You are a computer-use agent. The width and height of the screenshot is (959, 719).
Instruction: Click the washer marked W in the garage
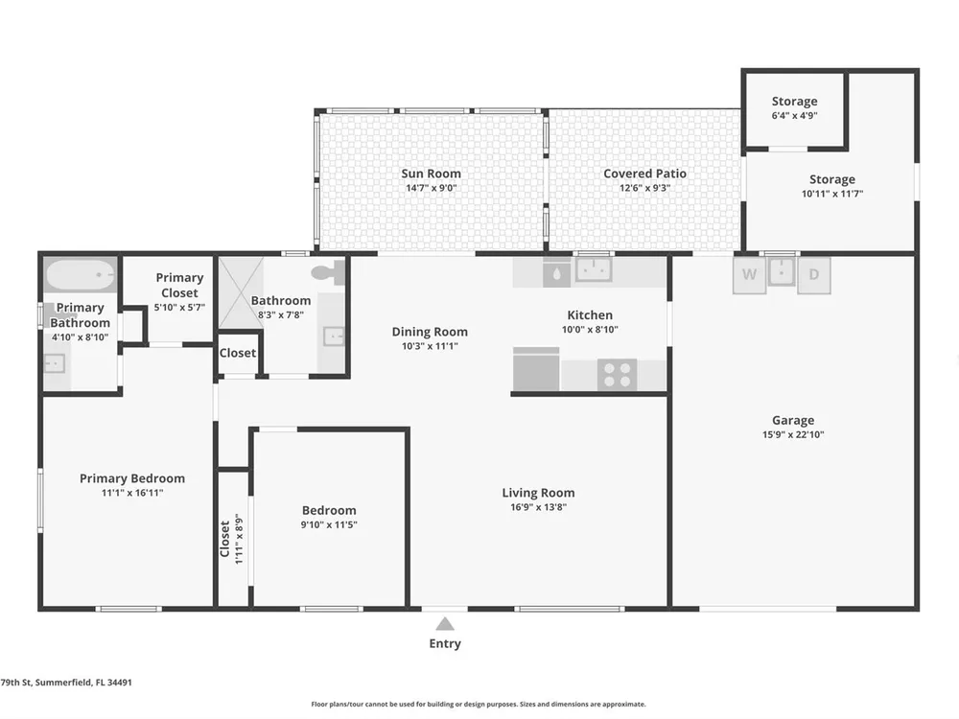749,274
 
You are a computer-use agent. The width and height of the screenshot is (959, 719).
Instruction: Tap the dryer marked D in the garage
814,274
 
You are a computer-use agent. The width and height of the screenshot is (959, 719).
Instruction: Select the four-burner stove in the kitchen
617,375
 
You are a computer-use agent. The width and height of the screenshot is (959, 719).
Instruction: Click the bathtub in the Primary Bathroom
81,276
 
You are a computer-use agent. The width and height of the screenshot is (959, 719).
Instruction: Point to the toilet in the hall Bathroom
329,272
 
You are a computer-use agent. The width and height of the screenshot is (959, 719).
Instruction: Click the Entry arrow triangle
445,624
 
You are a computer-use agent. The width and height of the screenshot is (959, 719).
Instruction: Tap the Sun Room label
432,174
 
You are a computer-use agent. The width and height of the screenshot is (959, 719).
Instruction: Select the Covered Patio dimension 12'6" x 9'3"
644,188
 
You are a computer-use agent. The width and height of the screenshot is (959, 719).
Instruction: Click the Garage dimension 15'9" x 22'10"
793,434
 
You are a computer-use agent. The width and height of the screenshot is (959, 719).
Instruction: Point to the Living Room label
538,493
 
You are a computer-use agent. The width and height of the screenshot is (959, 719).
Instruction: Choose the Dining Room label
430,332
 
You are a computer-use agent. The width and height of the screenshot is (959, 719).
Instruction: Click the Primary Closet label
179,285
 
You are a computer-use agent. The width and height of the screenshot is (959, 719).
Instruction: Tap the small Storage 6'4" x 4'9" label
794,107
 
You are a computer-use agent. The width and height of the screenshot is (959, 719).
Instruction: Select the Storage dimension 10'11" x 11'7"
832,194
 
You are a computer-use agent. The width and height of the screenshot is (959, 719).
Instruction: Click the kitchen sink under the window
594,269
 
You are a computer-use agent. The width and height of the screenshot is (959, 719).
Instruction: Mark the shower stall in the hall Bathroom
241,292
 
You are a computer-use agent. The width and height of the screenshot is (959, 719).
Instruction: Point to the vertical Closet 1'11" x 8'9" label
232,539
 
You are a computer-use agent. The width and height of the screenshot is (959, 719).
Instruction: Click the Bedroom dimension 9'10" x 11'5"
329,524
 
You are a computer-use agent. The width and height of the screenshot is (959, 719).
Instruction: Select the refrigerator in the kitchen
536,369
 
